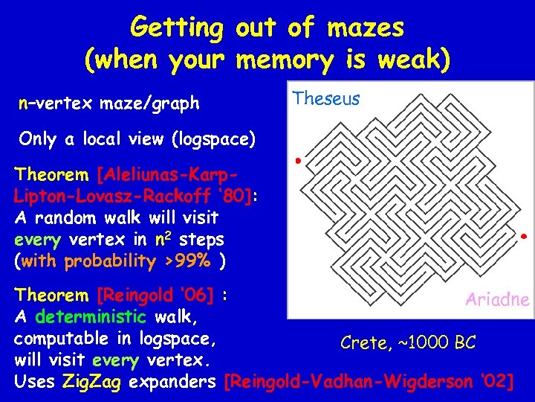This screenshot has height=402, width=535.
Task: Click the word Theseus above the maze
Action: [326, 98]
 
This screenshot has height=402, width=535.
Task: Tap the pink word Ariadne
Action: [497, 300]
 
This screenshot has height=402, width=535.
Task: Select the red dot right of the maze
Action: [524, 237]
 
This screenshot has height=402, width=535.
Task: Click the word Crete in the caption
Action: [363, 342]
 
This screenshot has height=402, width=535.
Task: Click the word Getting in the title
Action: [177, 28]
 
